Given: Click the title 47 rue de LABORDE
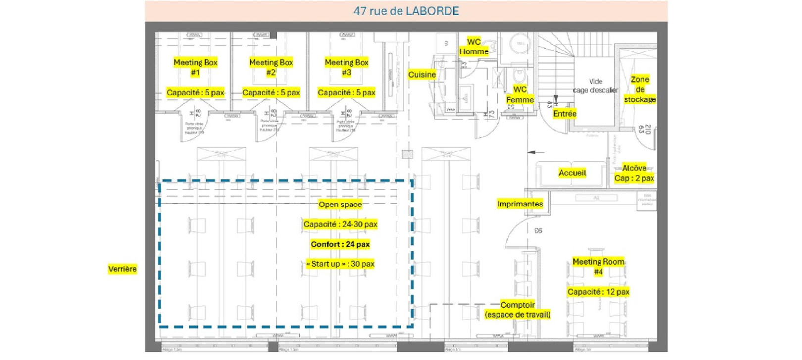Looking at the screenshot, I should point(406,11).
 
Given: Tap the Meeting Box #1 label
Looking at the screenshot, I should point(196,67).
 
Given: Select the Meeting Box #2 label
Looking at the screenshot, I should point(271,67).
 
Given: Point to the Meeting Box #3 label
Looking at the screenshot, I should point(347,67).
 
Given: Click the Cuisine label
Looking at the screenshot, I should point(422,75).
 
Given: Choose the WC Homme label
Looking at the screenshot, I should point(474,47).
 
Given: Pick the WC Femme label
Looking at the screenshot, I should point(520,95).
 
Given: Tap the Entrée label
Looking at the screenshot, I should point(565,114).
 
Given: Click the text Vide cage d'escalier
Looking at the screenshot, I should point(596,86).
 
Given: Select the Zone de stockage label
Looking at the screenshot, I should point(640,89).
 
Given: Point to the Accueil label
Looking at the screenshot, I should point(572,173).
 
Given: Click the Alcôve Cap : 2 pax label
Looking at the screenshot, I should point(634,173).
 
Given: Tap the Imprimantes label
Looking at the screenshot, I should point(520,204).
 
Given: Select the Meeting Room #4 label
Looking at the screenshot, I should point(598,267).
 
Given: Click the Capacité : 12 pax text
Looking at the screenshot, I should point(598,292).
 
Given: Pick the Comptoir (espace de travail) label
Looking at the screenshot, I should point(517,309).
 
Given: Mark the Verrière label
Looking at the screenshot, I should point(122,269).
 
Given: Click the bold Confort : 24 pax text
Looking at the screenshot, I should point(340,244).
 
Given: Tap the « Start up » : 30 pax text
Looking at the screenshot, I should point(340,264).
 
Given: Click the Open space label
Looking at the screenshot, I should point(340,205).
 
